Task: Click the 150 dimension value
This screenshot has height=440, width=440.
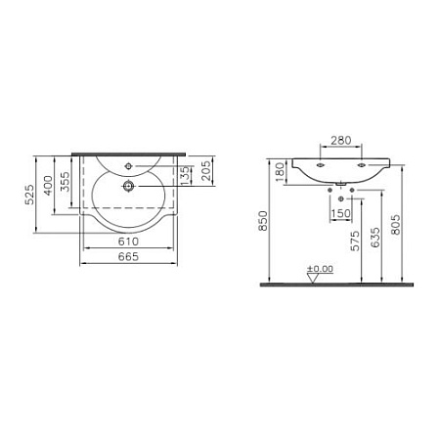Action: point(340,214)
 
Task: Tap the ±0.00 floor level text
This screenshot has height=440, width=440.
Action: point(319,267)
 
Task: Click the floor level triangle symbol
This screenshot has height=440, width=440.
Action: point(315,277)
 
